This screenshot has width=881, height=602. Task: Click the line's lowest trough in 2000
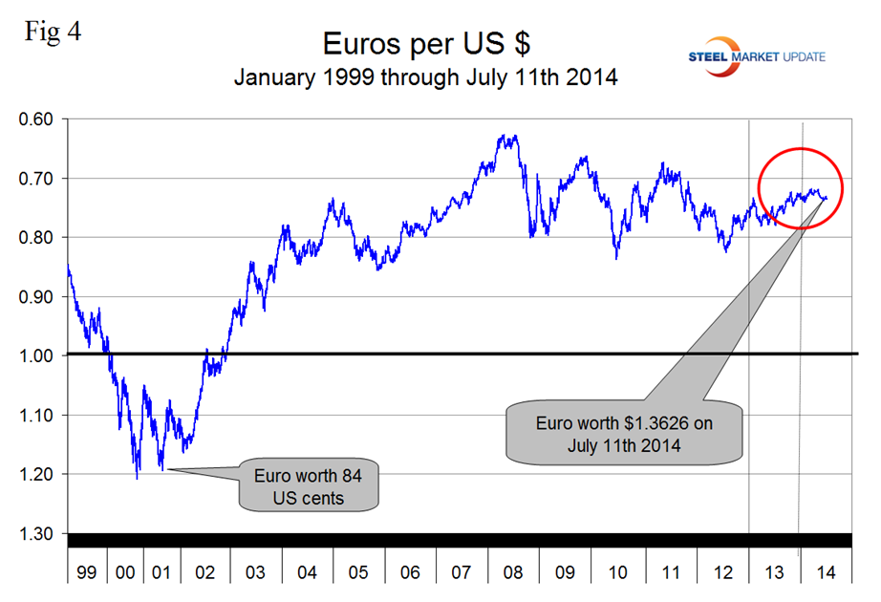tap(138, 477)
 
